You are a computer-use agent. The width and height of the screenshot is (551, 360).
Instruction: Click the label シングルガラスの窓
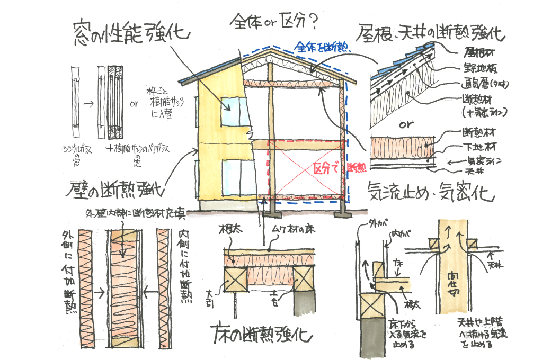[74, 154]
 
